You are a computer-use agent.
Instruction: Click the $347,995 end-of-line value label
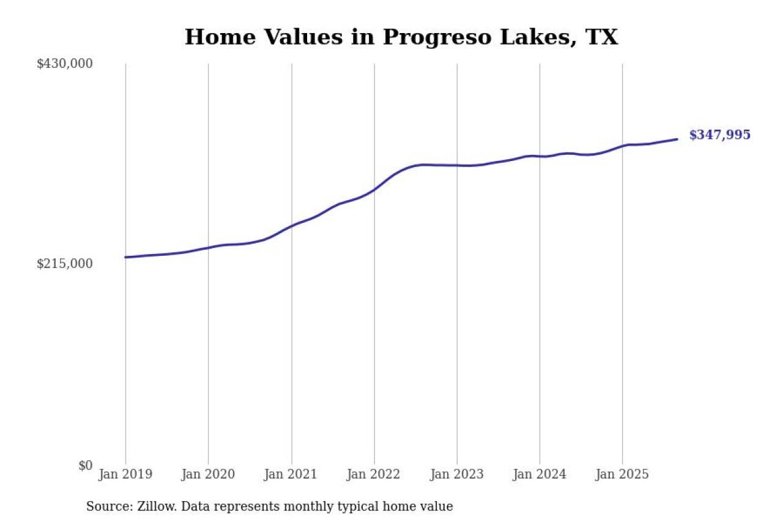coord(719,135)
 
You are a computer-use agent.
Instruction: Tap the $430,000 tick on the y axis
coord(65,64)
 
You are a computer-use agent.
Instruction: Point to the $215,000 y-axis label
coord(65,264)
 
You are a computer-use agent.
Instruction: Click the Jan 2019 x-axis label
coord(125,474)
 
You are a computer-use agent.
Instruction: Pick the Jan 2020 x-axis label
coord(208,474)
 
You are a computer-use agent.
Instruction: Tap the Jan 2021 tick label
coord(291,474)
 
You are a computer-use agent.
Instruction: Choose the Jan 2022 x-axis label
coord(374,474)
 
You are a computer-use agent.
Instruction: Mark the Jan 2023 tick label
coord(456,474)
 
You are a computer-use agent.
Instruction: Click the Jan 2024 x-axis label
coord(540,474)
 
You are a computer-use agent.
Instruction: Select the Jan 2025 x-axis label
coord(622,474)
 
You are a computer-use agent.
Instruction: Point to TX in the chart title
coord(601,37)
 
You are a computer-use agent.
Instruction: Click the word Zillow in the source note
coord(157,507)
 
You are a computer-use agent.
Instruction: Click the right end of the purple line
coord(677,140)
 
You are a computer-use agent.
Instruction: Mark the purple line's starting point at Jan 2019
coord(125,257)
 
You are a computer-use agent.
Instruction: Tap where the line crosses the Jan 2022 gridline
coord(374,189)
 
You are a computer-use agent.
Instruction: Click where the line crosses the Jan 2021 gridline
coord(291,225)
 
